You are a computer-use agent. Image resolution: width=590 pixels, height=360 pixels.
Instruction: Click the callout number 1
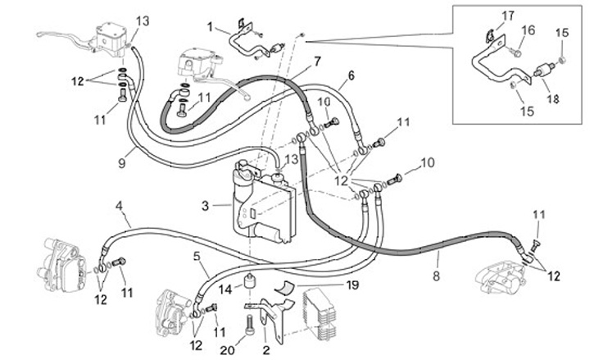210,27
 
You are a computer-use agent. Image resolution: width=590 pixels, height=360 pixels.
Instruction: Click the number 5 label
197,256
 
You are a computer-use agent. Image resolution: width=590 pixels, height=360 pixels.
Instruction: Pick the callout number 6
350,75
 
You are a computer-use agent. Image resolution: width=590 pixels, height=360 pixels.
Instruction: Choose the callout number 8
436,276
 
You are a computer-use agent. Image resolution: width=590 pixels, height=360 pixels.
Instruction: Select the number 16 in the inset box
529,30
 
